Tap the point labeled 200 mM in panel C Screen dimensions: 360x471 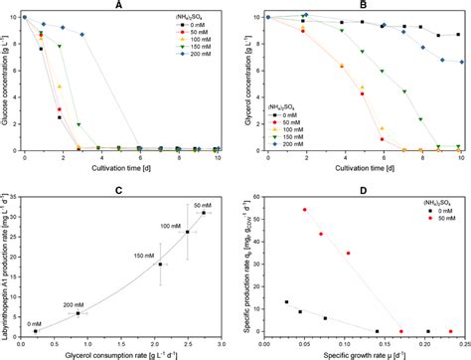[78, 313]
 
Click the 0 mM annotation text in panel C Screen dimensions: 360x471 [34, 322]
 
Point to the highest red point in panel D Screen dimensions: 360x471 [305, 210]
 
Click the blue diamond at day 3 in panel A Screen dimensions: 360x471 [82, 35]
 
